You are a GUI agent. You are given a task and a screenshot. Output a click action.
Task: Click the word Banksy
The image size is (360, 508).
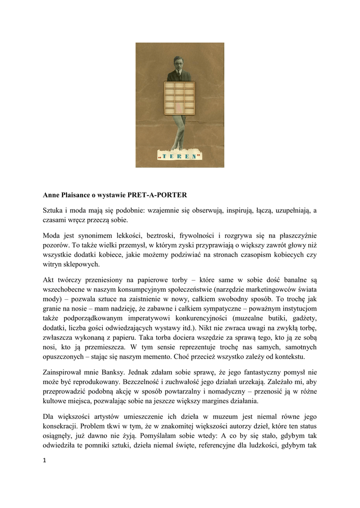tap(108, 372)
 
